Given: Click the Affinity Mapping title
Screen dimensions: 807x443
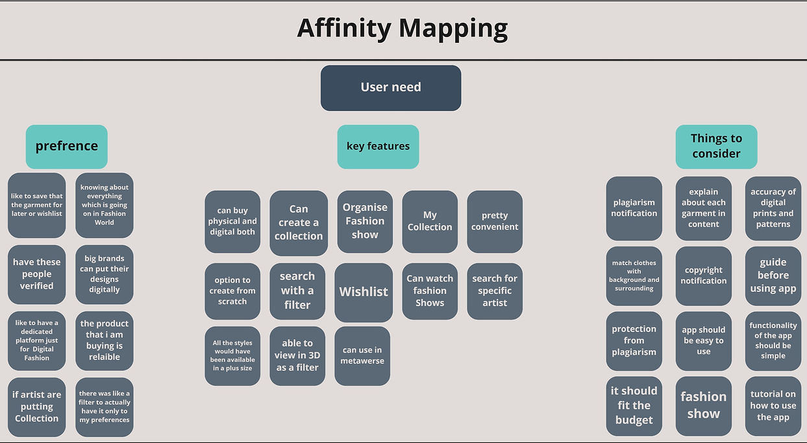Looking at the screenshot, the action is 403,29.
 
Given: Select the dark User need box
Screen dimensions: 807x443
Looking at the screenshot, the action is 391,88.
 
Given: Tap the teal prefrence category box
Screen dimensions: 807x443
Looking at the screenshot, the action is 67,147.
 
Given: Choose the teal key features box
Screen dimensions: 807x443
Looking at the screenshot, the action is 378,147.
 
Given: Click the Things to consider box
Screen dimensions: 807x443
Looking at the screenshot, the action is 716,147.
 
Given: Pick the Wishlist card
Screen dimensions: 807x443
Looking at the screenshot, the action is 364,293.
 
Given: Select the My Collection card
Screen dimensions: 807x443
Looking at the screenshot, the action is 430,221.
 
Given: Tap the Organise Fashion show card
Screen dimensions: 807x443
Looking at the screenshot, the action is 365,221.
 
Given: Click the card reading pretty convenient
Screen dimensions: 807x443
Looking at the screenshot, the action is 495,221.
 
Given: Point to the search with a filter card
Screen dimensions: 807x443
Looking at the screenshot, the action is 297,291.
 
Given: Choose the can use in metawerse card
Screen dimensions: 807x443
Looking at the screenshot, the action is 362,356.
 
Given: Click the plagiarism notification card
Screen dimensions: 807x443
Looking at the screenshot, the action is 634,208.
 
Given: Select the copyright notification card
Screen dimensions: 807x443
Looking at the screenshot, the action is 703,276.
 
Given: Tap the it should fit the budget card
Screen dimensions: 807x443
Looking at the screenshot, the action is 634,406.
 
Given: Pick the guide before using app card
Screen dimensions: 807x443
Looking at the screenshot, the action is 773,276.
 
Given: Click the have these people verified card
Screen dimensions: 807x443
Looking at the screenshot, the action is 37,274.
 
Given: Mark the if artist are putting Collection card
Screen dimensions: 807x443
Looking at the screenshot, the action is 37,407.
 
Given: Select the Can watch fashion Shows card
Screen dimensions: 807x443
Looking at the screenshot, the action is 430,291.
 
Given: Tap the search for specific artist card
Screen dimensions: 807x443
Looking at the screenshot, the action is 495,291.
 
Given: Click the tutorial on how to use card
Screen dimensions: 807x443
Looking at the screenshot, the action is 773,406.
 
